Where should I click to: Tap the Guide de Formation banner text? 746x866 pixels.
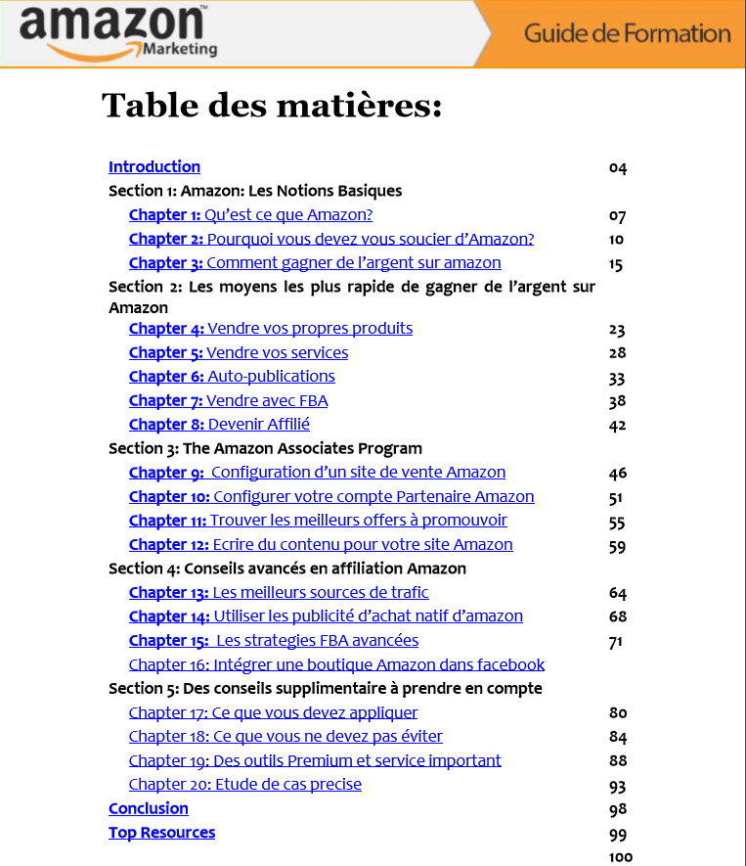(x=627, y=33)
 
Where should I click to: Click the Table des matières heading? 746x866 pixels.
(x=272, y=105)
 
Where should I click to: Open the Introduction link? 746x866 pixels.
(x=154, y=167)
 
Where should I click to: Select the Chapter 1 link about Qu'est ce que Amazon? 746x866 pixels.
(x=250, y=215)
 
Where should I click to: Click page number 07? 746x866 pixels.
(x=617, y=216)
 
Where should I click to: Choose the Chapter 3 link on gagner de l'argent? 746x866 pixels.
(x=315, y=263)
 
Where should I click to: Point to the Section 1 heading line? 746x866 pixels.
(x=255, y=191)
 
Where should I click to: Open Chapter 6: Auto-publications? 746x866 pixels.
(x=232, y=377)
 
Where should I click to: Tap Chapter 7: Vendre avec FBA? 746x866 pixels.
(x=228, y=401)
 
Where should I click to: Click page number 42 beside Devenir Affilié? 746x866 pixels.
(x=617, y=426)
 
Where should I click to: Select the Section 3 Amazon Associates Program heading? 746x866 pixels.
(x=265, y=449)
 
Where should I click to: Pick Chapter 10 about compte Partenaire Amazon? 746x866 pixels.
(x=331, y=497)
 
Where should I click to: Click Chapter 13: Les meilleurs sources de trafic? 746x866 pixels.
(x=279, y=593)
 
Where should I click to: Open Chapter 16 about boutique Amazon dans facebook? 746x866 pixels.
(x=336, y=665)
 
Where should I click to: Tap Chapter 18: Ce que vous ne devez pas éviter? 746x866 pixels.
(x=285, y=737)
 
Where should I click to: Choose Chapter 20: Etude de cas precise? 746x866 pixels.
(x=245, y=785)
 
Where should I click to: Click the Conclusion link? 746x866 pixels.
(x=149, y=809)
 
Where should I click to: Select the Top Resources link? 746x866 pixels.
(x=161, y=833)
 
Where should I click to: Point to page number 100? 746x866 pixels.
(x=621, y=858)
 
